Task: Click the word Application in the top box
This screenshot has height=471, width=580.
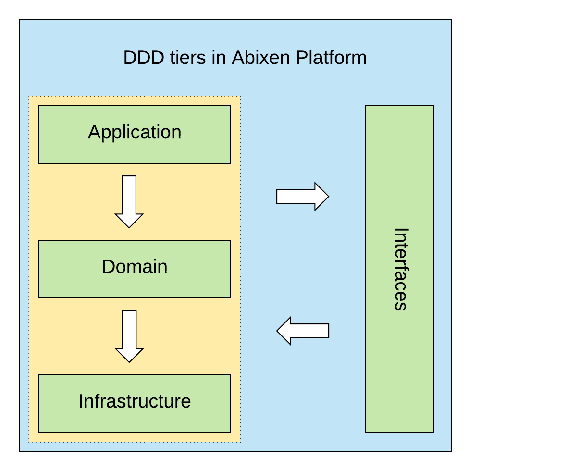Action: (x=135, y=132)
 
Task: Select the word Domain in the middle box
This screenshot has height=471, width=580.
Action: (x=135, y=267)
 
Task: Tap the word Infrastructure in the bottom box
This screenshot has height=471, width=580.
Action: (x=135, y=401)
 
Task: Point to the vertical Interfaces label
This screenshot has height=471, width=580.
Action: (x=400, y=269)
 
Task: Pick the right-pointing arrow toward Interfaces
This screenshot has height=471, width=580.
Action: (x=302, y=196)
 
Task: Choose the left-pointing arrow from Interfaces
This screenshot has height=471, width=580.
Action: (x=303, y=331)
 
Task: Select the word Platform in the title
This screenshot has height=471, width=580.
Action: (x=331, y=58)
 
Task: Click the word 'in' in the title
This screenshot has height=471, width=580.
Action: (x=219, y=58)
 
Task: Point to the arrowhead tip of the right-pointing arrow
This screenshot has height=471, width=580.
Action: (x=328, y=196)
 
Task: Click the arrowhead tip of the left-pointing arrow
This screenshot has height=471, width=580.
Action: (x=278, y=331)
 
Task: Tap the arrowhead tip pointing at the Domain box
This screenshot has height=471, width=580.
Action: (x=129, y=227)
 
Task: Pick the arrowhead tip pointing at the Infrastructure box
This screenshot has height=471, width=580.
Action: (x=129, y=361)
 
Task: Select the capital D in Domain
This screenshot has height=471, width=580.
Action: (x=108, y=267)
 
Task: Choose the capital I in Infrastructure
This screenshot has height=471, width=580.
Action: (x=81, y=401)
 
